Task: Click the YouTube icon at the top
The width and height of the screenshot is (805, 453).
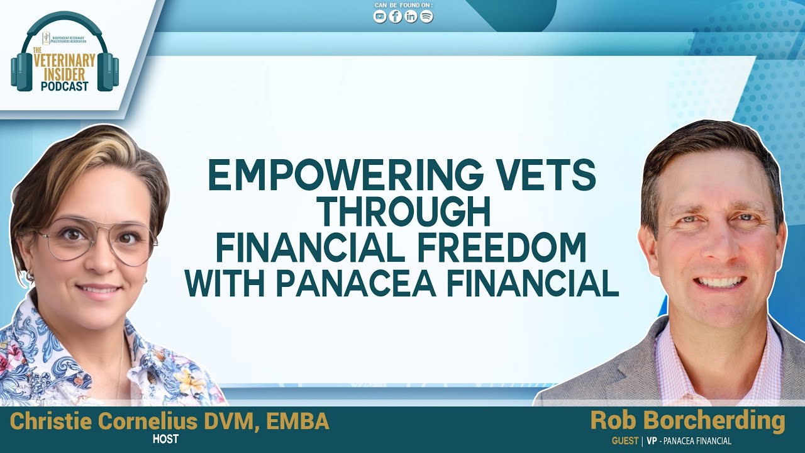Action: (x=380, y=17)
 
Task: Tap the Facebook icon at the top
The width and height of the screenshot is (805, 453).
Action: (x=396, y=17)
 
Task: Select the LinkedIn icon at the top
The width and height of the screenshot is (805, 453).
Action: (x=411, y=17)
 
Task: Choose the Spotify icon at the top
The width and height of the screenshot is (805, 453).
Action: (x=426, y=17)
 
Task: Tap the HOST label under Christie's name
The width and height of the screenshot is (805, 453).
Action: (x=165, y=439)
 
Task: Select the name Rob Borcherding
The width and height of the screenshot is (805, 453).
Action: (x=687, y=421)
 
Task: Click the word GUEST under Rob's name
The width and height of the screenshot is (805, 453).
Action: (x=625, y=441)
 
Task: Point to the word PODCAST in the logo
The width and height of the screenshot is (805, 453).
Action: (x=65, y=86)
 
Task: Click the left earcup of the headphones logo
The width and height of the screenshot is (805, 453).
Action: (x=20, y=72)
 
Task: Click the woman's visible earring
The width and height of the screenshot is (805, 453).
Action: (x=29, y=276)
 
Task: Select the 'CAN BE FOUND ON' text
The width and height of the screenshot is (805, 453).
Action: (x=403, y=6)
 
